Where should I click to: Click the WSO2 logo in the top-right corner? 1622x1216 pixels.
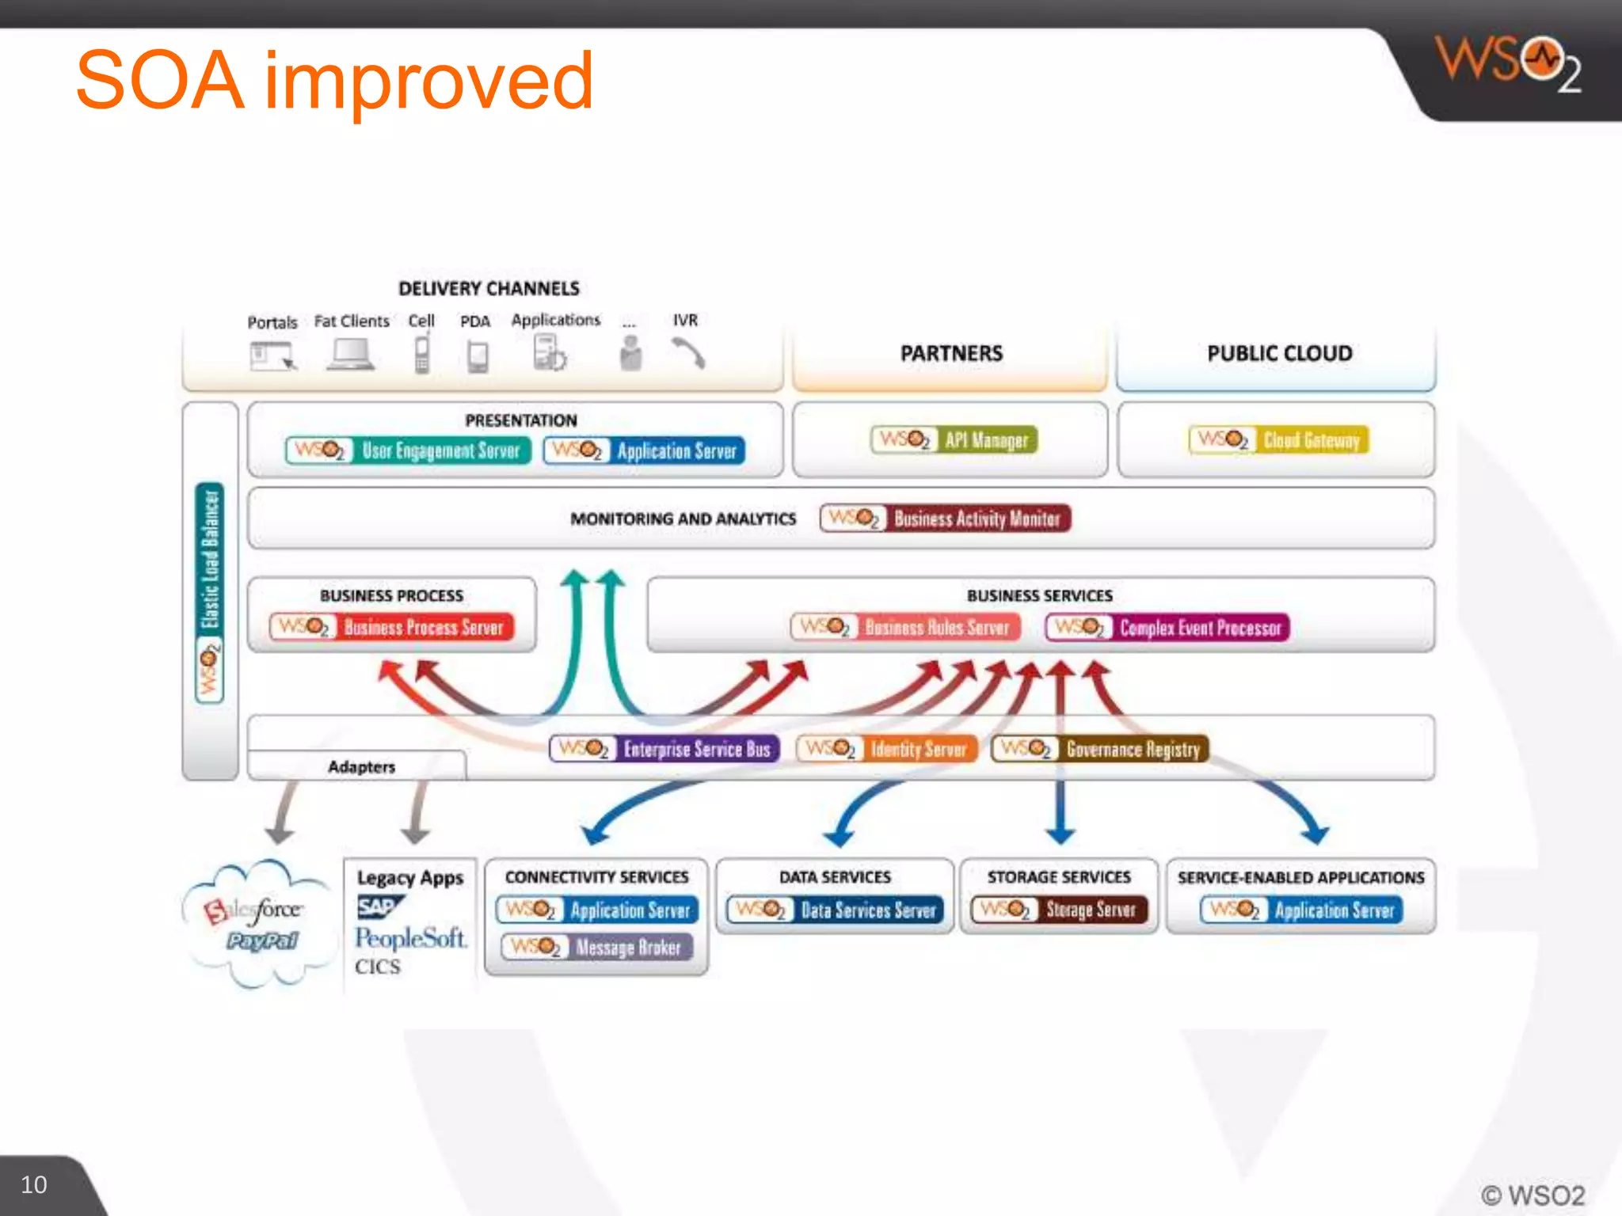(1508, 65)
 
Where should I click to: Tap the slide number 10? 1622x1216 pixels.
(33, 1184)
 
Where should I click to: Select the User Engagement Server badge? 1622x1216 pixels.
(408, 450)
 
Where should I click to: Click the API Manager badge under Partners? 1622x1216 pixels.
(954, 440)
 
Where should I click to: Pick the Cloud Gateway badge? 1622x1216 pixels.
(1278, 440)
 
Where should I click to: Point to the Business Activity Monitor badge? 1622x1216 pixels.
(945, 519)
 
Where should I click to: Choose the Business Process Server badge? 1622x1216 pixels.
(392, 627)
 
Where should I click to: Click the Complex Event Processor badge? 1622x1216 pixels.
(1167, 628)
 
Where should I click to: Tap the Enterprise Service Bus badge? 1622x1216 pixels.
(664, 749)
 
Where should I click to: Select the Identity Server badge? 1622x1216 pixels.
(887, 749)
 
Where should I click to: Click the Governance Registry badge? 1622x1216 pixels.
(1100, 749)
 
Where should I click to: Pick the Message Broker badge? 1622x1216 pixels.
(597, 947)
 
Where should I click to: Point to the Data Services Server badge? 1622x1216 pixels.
(836, 910)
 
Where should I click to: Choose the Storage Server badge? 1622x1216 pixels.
(1059, 910)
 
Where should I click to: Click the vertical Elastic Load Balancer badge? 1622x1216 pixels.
(210, 592)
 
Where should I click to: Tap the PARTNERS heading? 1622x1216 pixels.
(951, 353)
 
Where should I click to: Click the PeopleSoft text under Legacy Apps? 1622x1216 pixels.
(410, 938)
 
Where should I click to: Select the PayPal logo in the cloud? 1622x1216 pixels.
(261, 941)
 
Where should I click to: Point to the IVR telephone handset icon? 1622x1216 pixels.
(687, 353)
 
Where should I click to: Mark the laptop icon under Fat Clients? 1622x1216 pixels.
(351, 355)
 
